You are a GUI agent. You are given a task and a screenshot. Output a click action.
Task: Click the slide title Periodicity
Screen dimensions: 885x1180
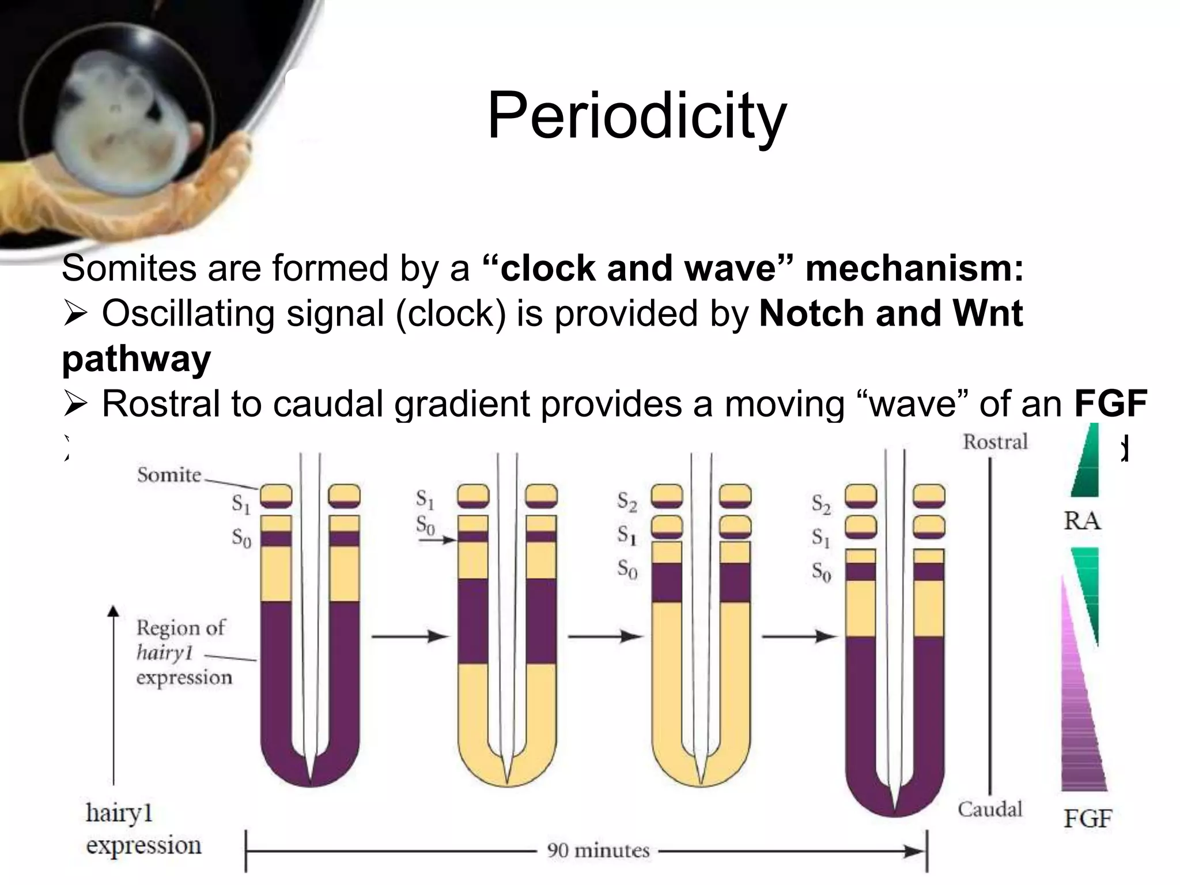click(x=637, y=116)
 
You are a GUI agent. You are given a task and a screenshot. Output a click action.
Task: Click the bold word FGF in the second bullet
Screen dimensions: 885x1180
click(x=1111, y=403)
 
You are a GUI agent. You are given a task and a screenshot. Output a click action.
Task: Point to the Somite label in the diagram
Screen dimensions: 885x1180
click(x=169, y=475)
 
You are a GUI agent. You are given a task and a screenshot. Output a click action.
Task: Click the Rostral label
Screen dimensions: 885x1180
click(x=995, y=442)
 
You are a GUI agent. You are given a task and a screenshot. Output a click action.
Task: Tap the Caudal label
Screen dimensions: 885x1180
click(x=990, y=809)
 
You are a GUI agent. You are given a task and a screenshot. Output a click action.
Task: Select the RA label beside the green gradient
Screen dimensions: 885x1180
click(x=1081, y=521)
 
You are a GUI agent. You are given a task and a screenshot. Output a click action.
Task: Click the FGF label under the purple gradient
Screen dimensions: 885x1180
click(x=1087, y=818)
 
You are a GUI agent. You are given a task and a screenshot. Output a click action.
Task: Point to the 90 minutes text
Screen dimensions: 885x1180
click(x=598, y=850)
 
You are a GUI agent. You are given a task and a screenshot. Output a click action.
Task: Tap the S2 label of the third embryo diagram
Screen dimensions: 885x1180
click(x=627, y=501)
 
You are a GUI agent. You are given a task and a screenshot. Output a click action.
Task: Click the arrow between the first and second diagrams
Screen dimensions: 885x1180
click(x=410, y=636)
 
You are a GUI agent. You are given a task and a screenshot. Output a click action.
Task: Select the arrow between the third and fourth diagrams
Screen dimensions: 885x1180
click(x=799, y=636)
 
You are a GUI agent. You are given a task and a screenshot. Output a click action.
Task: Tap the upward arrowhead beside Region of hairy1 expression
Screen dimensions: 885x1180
click(x=114, y=611)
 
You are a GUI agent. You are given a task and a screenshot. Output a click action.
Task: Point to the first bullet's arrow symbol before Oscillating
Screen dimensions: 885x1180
click(x=75, y=315)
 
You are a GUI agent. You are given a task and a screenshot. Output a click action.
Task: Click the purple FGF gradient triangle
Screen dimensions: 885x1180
click(x=1081, y=720)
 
